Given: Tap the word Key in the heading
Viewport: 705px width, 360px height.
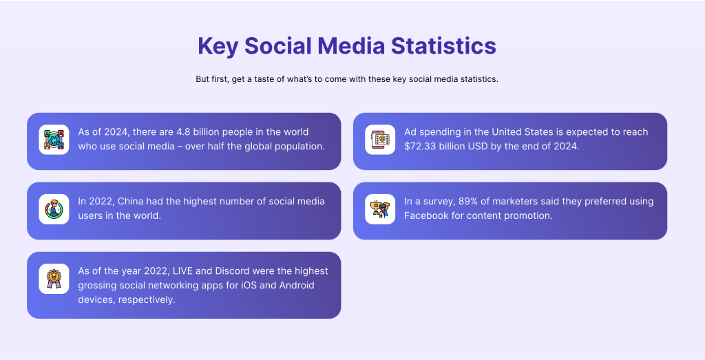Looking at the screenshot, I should click(x=218, y=46).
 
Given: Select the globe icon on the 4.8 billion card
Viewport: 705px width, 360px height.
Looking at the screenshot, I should click(x=54, y=140).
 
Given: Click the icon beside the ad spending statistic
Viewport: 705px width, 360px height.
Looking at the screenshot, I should click(x=380, y=140).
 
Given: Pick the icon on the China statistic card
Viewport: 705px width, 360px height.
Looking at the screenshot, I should click(x=54, y=209).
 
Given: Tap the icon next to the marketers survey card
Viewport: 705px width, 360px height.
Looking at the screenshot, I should click(x=380, y=209).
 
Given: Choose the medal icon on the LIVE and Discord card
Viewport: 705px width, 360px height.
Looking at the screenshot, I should click(x=54, y=279).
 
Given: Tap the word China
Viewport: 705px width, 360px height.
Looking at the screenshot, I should click(x=131, y=202).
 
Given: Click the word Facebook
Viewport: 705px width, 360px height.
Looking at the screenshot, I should click(x=427, y=216).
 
